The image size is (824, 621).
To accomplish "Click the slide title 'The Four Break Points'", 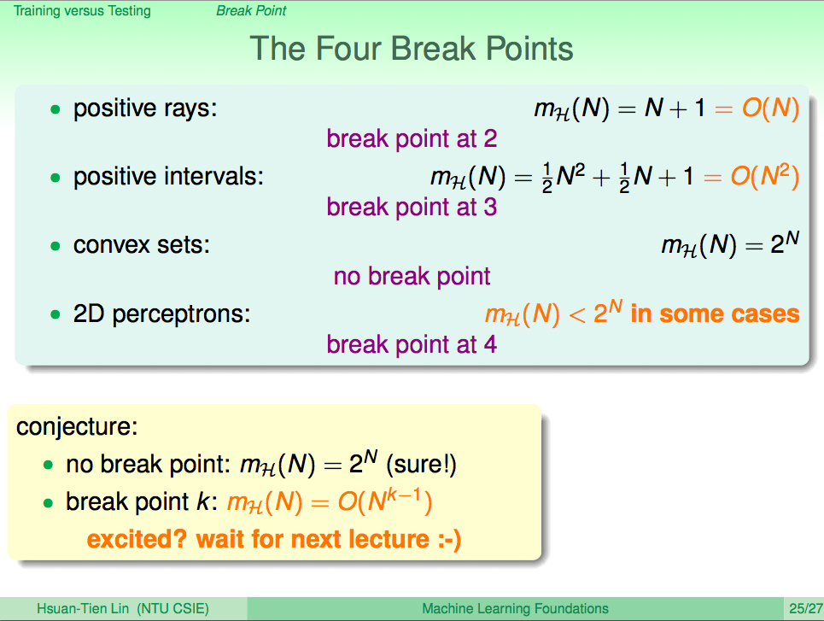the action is point(411,49).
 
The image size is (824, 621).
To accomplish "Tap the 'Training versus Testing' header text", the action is point(82,10).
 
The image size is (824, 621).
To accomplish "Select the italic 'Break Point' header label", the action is point(251,10).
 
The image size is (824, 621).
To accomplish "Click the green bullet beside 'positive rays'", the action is point(56,109).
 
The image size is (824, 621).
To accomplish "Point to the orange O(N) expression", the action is point(770,108).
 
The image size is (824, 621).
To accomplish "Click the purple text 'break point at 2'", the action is point(412,139).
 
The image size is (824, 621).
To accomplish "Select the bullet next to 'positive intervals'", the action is point(56,178).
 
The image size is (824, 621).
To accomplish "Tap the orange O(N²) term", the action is point(764,176).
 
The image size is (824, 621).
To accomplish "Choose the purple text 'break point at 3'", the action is point(412,208).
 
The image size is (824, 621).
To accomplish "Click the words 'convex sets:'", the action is point(142,245).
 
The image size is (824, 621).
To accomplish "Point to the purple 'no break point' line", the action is point(412,276).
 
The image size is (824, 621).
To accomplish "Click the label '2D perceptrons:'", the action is point(162,314).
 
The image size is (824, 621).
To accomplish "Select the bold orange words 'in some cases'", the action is point(716,314).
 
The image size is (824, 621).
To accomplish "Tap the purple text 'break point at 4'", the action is point(412,345).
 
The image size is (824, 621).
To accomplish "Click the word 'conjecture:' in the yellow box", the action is point(77,426).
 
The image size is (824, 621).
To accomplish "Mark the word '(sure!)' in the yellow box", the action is point(421,465).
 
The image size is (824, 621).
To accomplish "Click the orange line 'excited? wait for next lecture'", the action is point(274,540).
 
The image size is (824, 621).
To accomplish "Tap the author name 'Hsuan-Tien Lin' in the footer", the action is point(83,609).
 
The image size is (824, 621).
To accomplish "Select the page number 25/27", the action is point(805,609).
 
